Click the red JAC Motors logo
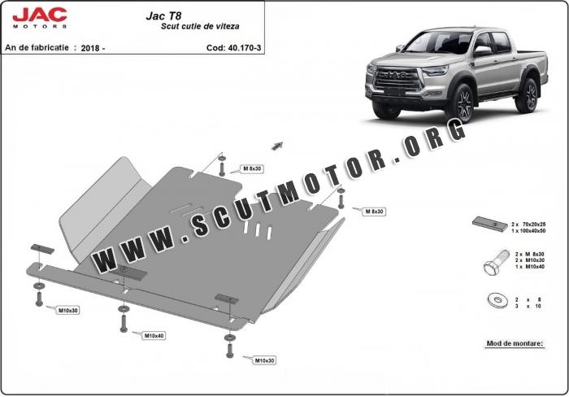(x=40, y=18)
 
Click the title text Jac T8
(x=163, y=15)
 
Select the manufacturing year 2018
(x=90, y=48)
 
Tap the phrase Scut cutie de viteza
(x=200, y=26)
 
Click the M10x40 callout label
(x=154, y=336)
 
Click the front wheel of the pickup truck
(x=462, y=103)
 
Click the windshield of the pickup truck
(x=438, y=42)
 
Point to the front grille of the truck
(x=397, y=80)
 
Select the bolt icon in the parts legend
(x=496, y=262)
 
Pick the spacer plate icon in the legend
(x=490, y=224)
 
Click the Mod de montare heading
(x=515, y=343)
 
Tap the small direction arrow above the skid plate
(x=277, y=146)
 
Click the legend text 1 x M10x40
(x=530, y=267)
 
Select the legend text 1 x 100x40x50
(x=528, y=231)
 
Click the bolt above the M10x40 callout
(x=124, y=323)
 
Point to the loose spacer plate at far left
(x=42, y=249)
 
